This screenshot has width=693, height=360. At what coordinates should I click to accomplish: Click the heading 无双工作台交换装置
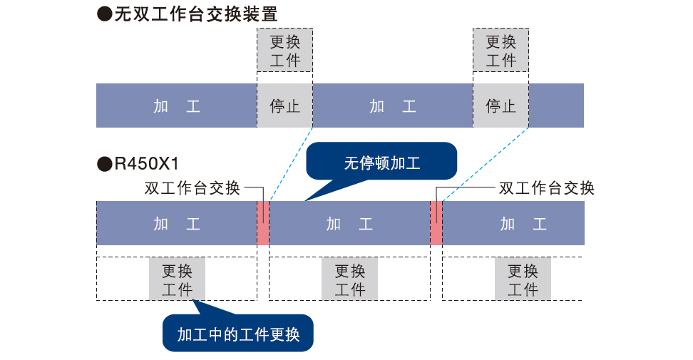coord(196,14)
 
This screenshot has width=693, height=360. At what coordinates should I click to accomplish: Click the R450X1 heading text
coord(146,164)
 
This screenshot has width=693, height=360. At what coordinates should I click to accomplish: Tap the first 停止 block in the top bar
coord(285,106)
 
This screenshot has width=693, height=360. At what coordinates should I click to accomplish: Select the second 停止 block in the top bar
coord(500,106)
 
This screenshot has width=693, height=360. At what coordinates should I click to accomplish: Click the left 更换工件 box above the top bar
coord(285,50)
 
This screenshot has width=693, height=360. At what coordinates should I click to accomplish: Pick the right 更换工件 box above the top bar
coord(500,50)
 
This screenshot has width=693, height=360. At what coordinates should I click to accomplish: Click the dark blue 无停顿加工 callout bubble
coord(381,162)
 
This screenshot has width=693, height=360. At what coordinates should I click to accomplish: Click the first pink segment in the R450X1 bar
coord(263,223)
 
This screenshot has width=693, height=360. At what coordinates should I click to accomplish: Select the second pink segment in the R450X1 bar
coord(436,223)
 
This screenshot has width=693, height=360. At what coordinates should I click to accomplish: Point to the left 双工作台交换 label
coord(192,188)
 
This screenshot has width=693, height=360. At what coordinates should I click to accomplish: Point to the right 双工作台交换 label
coord(547,188)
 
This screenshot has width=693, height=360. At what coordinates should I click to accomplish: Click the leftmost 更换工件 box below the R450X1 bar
coord(177,279)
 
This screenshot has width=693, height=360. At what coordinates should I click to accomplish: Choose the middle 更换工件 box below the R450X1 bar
coord(349,279)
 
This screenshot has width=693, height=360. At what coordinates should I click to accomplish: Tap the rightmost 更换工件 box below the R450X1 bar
coord(523,279)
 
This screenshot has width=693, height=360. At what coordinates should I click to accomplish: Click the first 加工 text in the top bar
coord(177,106)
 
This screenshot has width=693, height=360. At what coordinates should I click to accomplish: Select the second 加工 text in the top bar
coord(393,106)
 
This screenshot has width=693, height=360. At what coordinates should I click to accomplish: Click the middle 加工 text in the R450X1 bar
coord(349,224)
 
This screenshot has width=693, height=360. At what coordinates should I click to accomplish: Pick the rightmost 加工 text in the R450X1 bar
coord(523,224)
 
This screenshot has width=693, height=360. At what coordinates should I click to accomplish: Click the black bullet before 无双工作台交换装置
coord(104,14)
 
